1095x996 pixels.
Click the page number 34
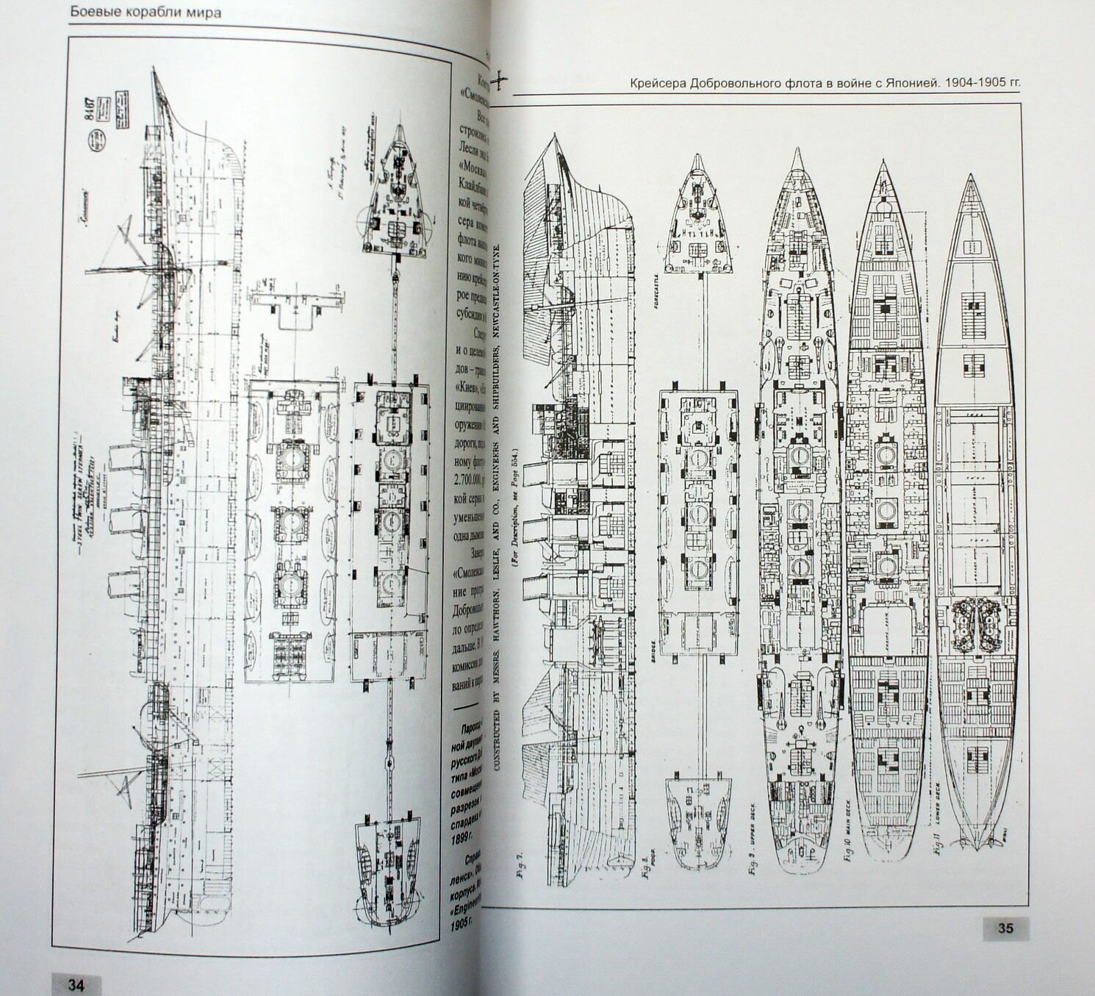click(x=76, y=984)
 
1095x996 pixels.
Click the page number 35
click(x=1005, y=928)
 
